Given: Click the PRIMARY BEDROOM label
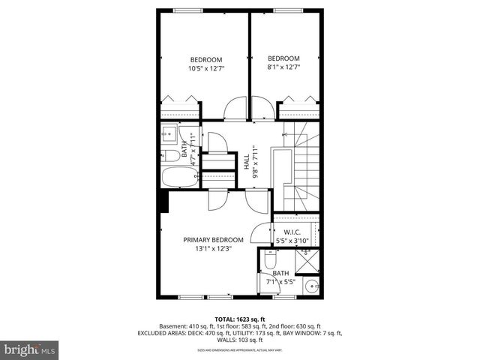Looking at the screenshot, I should (x=213, y=240).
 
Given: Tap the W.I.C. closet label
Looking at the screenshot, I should (x=292, y=232).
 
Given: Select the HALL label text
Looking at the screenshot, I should (x=246, y=160).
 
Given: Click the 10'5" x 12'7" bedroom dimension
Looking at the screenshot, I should (x=206, y=68).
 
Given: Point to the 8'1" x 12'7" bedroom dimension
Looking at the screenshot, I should (x=283, y=67).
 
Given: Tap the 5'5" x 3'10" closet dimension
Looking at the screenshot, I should (x=292, y=241).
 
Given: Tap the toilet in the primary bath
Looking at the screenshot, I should (x=268, y=262).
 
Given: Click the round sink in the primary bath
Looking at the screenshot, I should (x=311, y=286).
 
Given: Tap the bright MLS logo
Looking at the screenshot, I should (x=30, y=349).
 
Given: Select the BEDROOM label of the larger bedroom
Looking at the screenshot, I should (x=205, y=60).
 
